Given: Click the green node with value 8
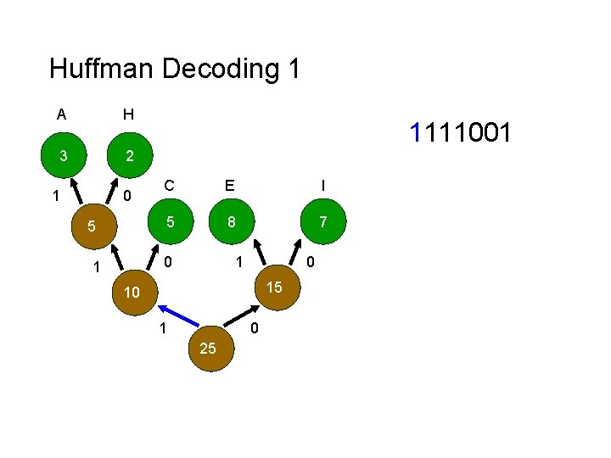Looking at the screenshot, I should click(231, 222).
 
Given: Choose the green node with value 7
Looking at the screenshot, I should click(322, 222).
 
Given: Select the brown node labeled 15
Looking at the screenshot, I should click(274, 288).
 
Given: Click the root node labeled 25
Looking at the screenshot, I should click(207, 349).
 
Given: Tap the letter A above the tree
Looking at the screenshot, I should click(61, 114).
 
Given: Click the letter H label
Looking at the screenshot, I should click(127, 114).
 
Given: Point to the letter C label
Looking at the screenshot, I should click(170, 185).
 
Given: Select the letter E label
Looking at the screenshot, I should click(229, 185).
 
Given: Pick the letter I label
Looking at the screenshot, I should click(322, 185).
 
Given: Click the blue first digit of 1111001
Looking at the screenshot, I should click(416, 132).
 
